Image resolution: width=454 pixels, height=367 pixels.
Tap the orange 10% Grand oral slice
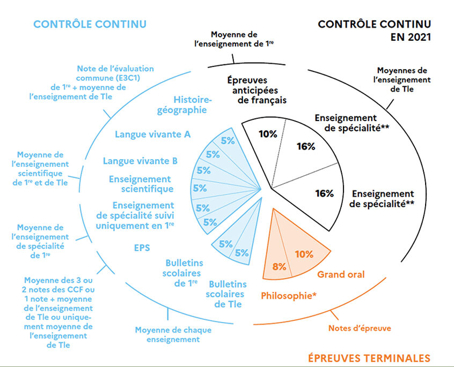301,249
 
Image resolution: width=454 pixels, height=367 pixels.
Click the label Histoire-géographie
185,105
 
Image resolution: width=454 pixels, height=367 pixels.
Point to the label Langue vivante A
152,134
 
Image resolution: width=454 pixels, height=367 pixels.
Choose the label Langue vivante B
140,161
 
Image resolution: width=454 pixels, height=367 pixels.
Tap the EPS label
142,248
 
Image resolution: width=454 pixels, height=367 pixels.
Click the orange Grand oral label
341,274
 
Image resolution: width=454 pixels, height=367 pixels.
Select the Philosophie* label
289,296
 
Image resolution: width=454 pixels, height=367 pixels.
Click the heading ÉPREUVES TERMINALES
369,358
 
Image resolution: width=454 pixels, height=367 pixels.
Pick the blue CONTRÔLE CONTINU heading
90,24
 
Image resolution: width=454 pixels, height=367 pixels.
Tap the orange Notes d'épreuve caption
360,328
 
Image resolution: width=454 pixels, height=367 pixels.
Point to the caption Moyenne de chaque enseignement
173,335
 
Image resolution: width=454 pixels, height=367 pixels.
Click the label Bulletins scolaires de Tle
226,294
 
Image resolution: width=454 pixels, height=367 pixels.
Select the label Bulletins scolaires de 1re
182,273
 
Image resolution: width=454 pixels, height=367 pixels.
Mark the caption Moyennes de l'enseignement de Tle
402,80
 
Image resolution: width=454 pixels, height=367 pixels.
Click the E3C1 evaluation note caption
91,83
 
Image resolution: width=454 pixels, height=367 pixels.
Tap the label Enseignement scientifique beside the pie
141,184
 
